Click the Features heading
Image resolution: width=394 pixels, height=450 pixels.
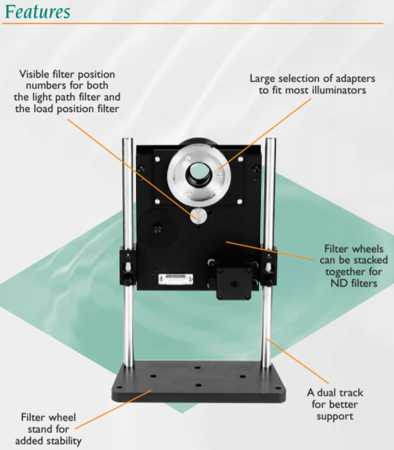38,12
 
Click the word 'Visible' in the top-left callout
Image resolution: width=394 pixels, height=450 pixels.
34,74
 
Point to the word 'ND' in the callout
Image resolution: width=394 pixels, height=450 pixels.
337,284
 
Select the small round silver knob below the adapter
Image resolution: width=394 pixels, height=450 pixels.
198,216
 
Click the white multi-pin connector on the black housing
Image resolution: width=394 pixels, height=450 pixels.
176,279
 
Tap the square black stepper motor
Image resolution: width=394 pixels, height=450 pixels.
233,284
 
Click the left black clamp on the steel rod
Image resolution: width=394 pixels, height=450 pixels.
128,265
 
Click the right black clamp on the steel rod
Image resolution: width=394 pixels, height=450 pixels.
268,265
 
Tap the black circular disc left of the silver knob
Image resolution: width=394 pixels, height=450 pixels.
157,229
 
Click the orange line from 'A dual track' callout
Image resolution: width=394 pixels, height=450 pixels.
297,361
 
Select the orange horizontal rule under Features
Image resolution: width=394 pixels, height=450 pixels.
193,23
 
